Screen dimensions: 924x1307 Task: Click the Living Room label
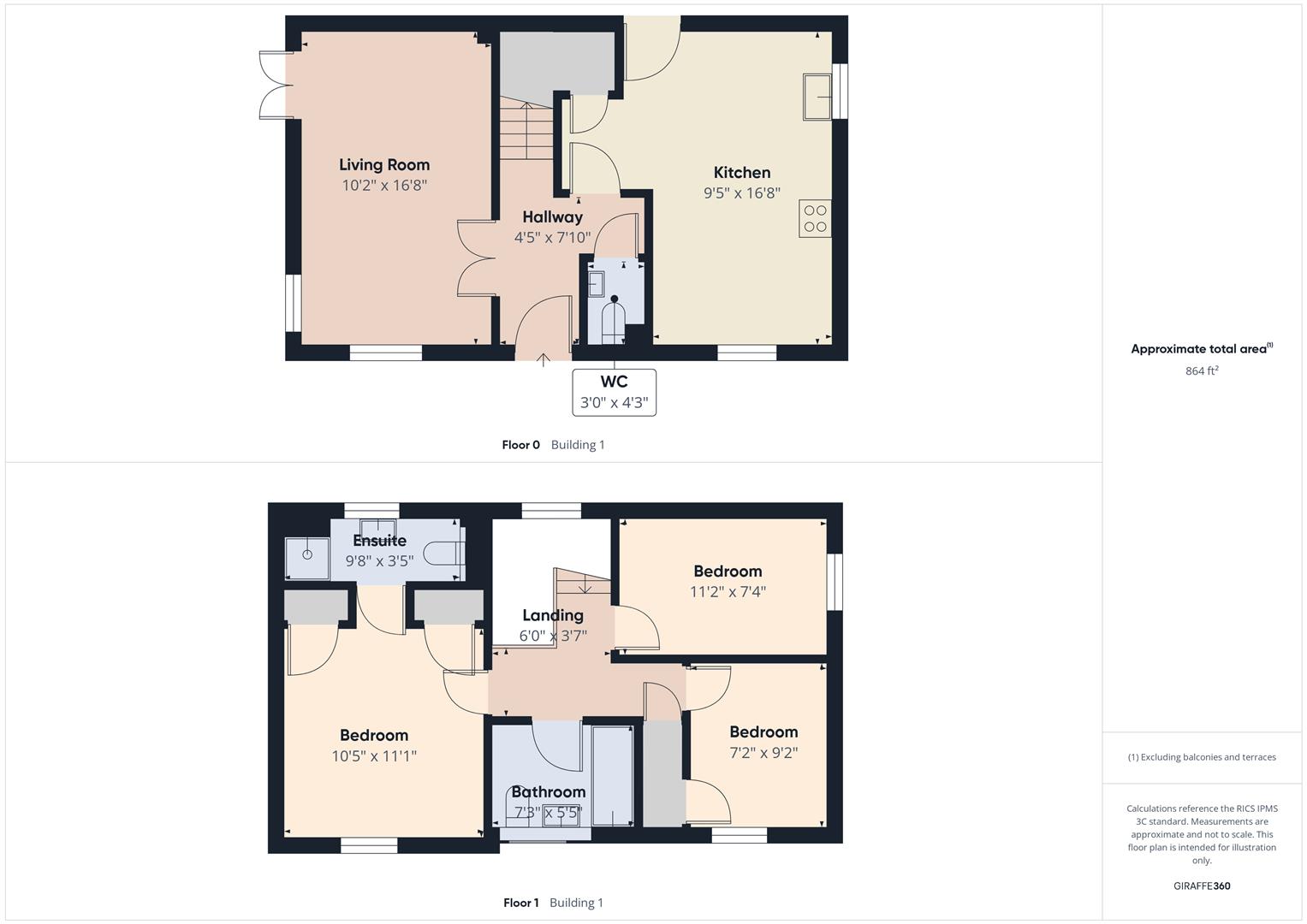point(384,165)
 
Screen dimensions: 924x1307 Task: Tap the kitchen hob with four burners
point(815,218)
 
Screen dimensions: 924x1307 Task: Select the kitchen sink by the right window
point(817,97)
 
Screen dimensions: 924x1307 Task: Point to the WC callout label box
point(614,393)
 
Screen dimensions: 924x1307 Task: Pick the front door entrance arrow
point(543,359)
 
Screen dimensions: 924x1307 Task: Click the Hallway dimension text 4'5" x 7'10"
point(552,238)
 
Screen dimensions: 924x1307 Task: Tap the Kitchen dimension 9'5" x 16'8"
point(741,193)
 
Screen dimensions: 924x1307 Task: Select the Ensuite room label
point(379,541)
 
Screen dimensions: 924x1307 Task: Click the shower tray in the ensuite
point(307,558)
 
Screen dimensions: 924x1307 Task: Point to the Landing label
point(553,615)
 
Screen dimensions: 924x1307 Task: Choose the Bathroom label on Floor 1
point(548,792)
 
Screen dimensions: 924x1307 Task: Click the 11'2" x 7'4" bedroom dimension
point(728,592)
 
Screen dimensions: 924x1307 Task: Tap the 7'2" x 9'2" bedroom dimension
point(763,753)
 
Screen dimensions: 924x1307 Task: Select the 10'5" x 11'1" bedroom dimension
point(374,756)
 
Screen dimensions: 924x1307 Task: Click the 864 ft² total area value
point(1202,371)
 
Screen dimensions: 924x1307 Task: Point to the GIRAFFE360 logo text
point(1202,886)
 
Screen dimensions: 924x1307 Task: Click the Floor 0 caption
point(520,445)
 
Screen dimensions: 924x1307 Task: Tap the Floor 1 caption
point(520,903)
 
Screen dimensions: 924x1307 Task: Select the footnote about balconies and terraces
point(1202,757)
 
